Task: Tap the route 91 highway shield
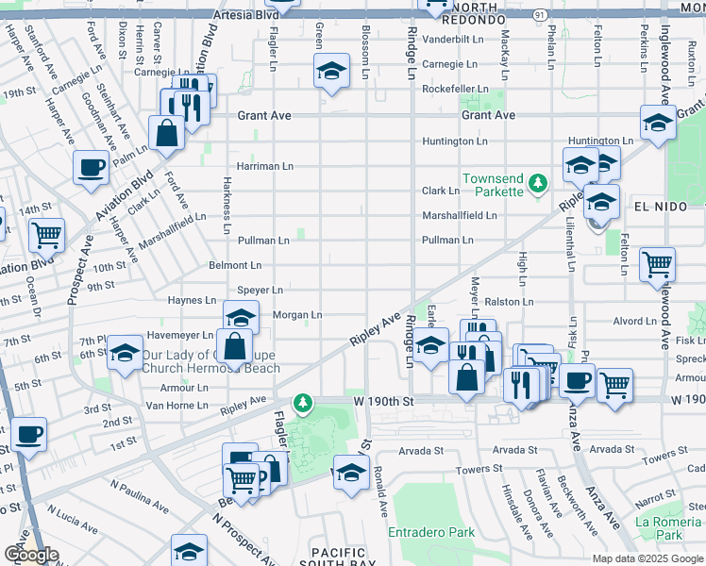537,15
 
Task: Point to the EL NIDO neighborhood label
663,206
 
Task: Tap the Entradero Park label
431,532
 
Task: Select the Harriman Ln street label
264,166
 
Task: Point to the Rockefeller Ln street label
454,89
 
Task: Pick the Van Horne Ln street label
176,405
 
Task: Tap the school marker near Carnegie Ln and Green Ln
331,72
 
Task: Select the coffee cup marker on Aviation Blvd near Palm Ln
92,167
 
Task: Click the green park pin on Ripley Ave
302,404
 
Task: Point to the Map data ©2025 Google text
647,558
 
